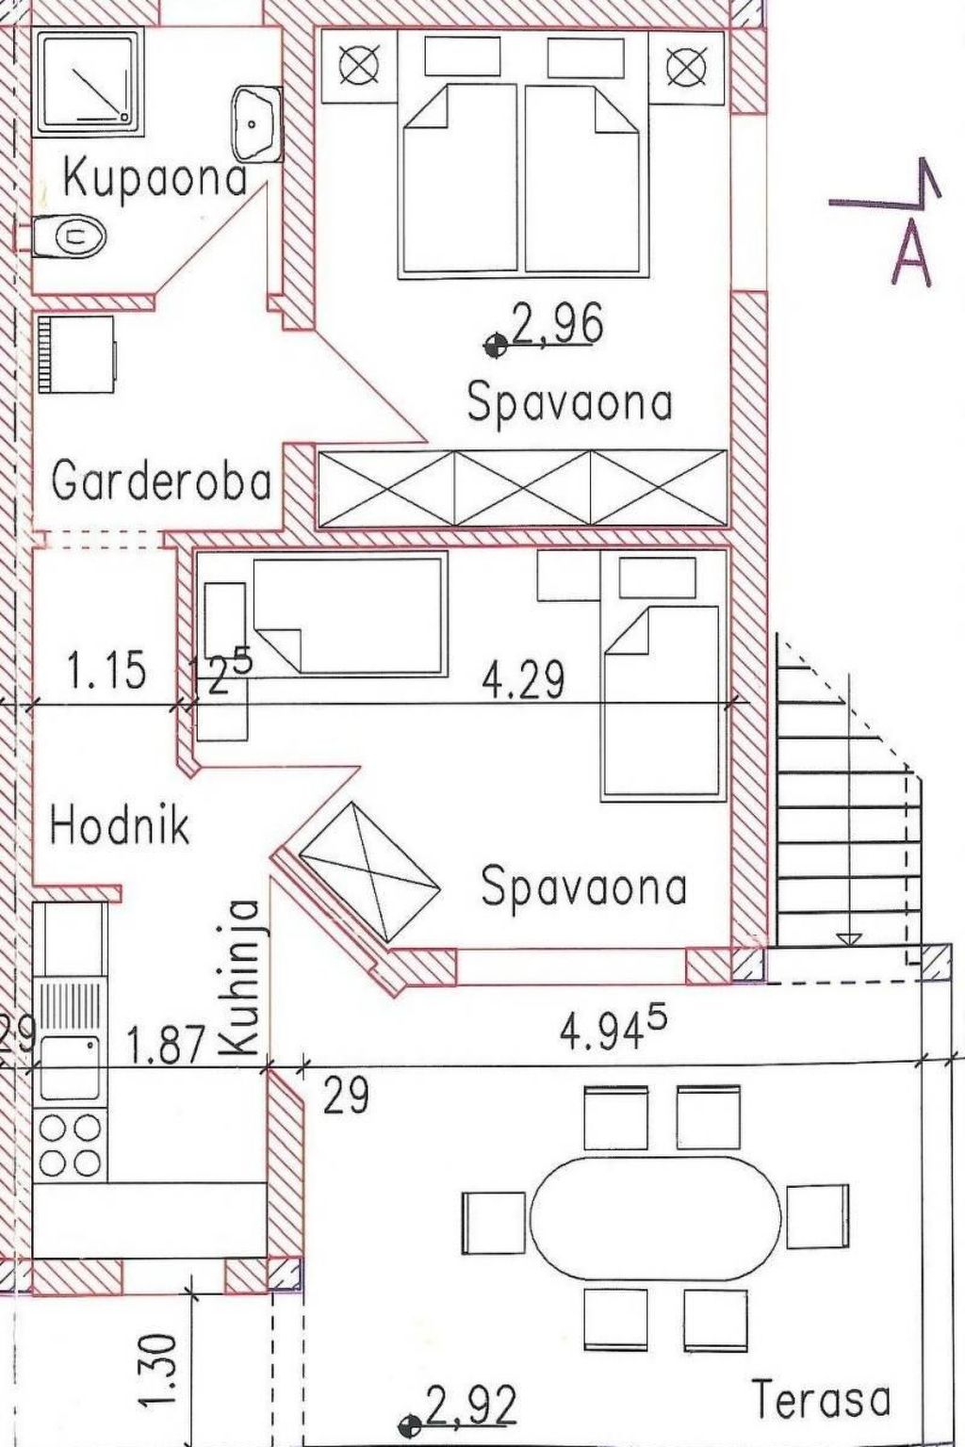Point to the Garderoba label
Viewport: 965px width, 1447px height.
pos(161,482)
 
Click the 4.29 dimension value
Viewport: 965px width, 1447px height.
pos(524,680)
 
